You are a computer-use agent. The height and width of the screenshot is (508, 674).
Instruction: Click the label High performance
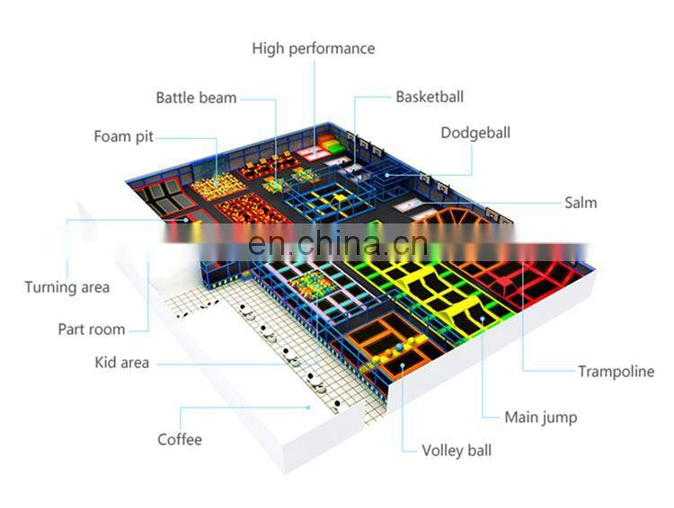(313, 48)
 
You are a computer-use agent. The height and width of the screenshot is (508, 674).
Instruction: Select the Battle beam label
(196, 98)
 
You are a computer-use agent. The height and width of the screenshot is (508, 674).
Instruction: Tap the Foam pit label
(124, 137)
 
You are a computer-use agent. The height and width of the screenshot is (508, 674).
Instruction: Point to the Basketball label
(430, 97)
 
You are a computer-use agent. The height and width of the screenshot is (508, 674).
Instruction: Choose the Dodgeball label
(474, 134)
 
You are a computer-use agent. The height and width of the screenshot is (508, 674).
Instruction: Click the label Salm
(580, 203)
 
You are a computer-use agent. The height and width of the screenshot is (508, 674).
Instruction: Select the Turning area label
(67, 288)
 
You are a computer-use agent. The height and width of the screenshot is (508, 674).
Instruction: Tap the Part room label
(92, 329)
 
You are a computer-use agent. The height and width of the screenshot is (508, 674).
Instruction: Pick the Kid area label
(122, 363)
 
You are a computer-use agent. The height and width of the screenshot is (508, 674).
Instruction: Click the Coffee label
(180, 440)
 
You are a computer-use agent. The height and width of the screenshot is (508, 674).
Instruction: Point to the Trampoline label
(616, 372)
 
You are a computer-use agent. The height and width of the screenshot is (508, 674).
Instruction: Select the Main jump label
(540, 417)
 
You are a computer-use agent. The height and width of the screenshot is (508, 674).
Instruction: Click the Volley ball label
(457, 451)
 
